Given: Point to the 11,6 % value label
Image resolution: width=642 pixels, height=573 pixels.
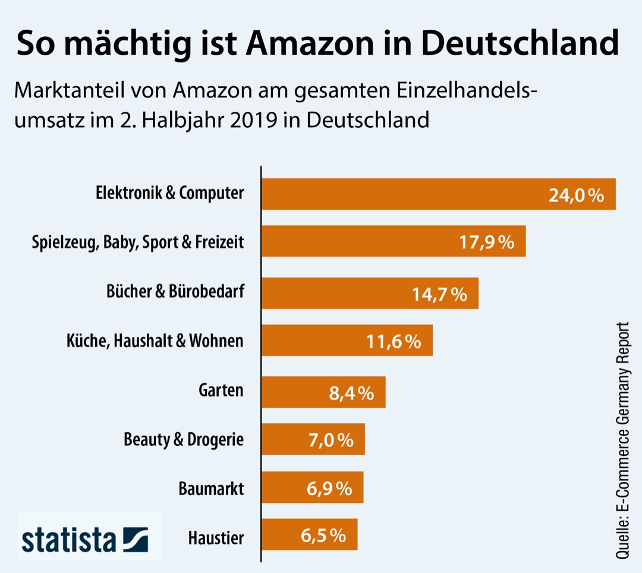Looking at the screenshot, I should click(x=394, y=341).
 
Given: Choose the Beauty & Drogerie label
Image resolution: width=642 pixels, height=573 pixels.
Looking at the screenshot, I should click(x=183, y=440).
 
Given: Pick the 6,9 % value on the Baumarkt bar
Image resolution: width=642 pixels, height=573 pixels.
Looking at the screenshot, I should click(x=329, y=489).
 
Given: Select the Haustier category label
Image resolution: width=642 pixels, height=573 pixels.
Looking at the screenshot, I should click(x=216, y=539).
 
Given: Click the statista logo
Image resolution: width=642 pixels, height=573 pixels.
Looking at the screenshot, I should click(x=83, y=539).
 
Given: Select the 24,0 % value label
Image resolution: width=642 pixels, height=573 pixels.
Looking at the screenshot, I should click(x=576, y=196).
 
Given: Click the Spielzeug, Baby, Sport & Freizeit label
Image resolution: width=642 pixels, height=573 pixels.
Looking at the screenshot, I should click(x=137, y=243).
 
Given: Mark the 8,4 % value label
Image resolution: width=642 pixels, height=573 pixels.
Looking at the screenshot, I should click(x=351, y=392).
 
